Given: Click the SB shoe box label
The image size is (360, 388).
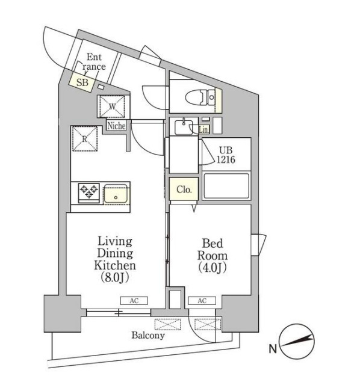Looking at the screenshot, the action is (x=82, y=82).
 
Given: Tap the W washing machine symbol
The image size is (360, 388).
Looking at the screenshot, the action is (x=112, y=106).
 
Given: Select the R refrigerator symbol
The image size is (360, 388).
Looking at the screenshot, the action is (x=84, y=138).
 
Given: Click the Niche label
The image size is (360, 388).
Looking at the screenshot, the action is (x=116, y=126).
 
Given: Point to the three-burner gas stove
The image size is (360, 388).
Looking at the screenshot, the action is (x=89, y=193).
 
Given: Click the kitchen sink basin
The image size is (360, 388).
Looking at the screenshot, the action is (x=116, y=194).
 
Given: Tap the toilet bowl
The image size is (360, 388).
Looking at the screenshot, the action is (x=200, y=97).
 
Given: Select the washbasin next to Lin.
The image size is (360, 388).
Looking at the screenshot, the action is (x=184, y=127).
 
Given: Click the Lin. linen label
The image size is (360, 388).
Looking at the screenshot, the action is (x=204, y=130).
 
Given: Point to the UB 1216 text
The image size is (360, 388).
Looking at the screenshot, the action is (x=226, y=155).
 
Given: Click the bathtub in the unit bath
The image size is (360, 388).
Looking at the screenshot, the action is (x=226, y=186).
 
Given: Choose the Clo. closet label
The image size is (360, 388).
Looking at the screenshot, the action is (x=184, y=189).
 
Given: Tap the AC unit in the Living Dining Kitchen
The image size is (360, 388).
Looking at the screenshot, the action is (x=134, y=301).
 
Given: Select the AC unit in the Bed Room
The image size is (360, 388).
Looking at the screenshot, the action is (x=202, y=301).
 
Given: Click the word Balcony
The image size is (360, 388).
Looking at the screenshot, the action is (x=148, y=336).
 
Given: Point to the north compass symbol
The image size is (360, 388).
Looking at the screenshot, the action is (x=297, y=342).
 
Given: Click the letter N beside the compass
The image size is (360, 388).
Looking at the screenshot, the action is (x=273, y=349).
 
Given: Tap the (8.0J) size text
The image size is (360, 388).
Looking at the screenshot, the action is (x=115, y=278).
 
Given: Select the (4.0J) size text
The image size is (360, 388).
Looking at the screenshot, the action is (x=213, y=268).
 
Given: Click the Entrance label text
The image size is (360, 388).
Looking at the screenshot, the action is (x=94, y=62).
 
